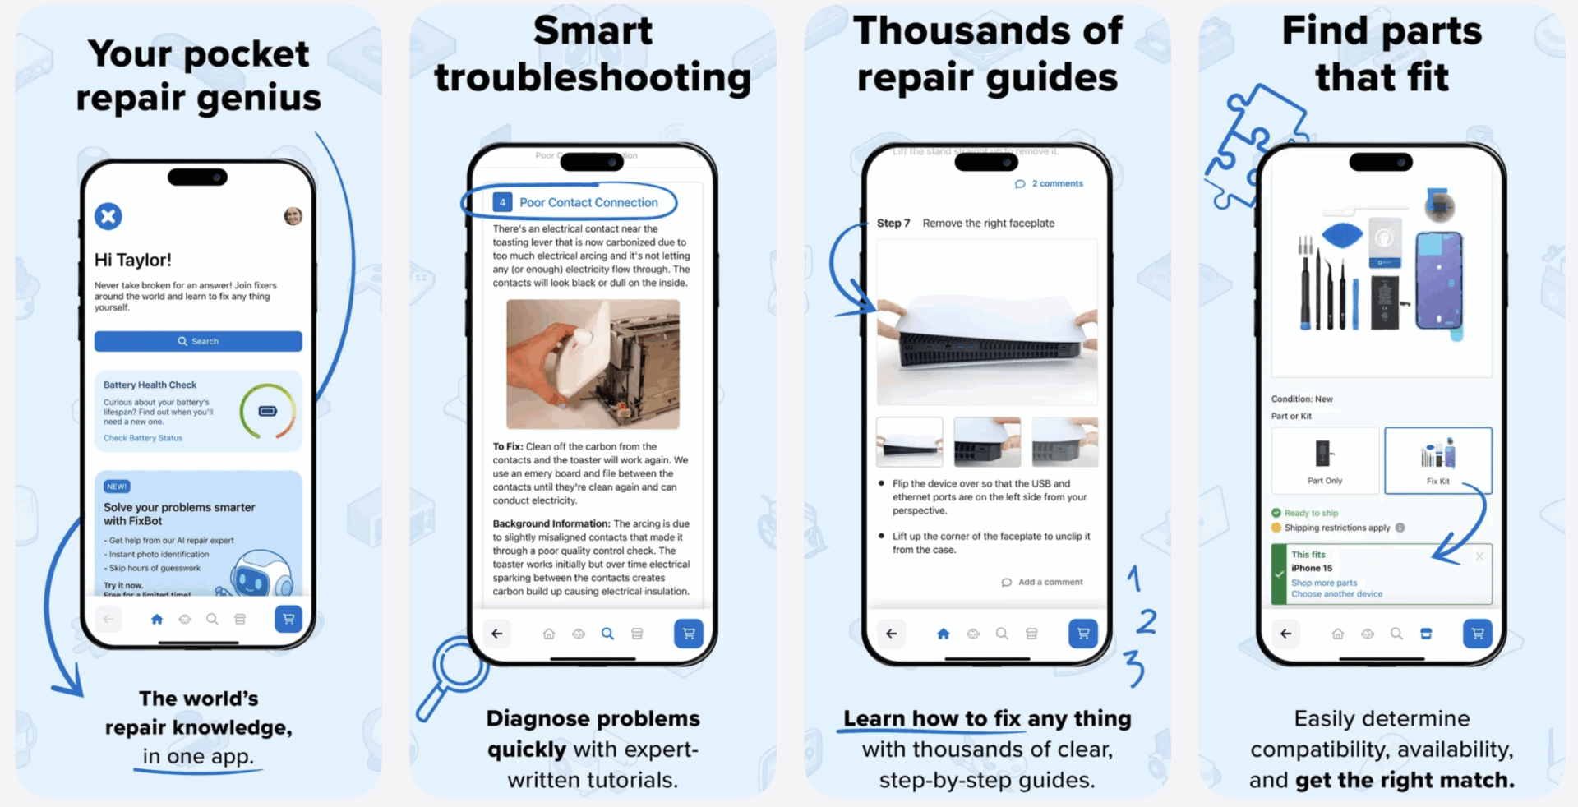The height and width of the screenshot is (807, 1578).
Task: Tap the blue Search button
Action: pyautogui.click(x=198, y=341)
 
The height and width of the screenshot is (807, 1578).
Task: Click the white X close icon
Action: pyautogui.click(x=108, y=216)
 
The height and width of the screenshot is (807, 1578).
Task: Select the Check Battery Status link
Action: pyautogui.click(x=143, y=438)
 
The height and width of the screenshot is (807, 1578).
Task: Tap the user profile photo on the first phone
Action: pyautogui.click(x=293, y=216)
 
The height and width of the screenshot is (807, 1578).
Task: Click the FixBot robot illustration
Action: pyautogui.click(x=258, y=573)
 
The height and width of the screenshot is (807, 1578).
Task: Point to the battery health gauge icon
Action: pyautogui.click(x=268, y=411)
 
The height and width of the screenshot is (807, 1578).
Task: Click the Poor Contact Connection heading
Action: pyautogui.click(x=588, y=202)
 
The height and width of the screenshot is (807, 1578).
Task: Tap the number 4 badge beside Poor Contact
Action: pyautogui.click(x=502, y=202)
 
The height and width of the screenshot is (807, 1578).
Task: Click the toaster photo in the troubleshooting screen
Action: pyautogui.click(x=593, y=363)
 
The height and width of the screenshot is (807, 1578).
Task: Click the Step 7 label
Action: pyautogui.click(x=893, y=224)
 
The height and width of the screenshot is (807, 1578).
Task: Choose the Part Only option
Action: pyautogui.click(x=1325, y=460)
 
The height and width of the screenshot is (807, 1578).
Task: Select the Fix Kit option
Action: pyautogui.click(x=1437, y=460)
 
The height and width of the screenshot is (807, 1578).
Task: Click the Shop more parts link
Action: pyautogui.click(x=1324, y=583)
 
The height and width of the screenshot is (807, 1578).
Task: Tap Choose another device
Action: pyautogui.click(x=1336, y=594)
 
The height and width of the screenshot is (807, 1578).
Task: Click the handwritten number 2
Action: pyautogui.click(x=1147, y=620)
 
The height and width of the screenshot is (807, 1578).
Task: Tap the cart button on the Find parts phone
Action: pyautogui.click(x=1477, y=634)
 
